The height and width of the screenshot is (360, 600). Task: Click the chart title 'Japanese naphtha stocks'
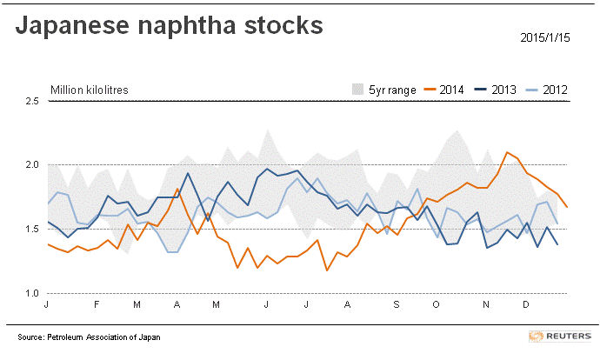tap(170, 27)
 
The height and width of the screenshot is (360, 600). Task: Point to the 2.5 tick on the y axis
tap(32, 102)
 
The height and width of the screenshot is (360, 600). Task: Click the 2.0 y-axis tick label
tap(32, 165)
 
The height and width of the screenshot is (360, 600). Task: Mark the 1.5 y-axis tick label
tap(32, 230)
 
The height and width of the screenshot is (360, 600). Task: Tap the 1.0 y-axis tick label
tap(32, 293)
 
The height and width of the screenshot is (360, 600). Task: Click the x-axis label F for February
tap(97, 305)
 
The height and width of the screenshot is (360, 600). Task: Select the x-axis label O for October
tap(437, 305)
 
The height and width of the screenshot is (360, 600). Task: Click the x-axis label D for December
tap(525, 305)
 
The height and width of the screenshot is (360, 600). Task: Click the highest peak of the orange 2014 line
tap(507, 152)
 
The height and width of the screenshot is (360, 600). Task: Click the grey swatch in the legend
tap(357, 90)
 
